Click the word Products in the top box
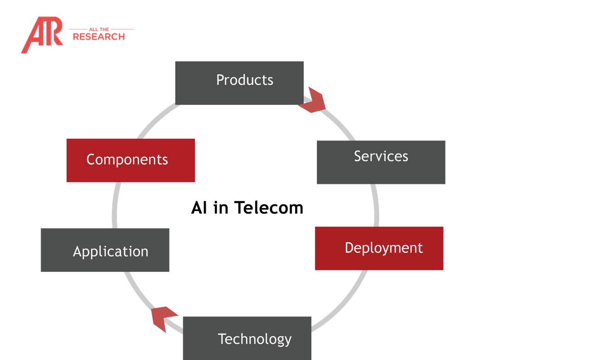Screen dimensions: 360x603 (x=245, y=80)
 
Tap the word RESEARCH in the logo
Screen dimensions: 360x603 (x=99, y=37)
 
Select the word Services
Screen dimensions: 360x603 (x=381, y=156)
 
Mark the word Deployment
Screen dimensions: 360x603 (x=384, y=248)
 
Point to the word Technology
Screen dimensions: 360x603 (x=254, y=339)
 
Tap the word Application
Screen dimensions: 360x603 (x=110, y=251)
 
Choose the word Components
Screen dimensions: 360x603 (x=127, y=159)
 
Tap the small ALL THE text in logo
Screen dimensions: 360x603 (x=99, y=29)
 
